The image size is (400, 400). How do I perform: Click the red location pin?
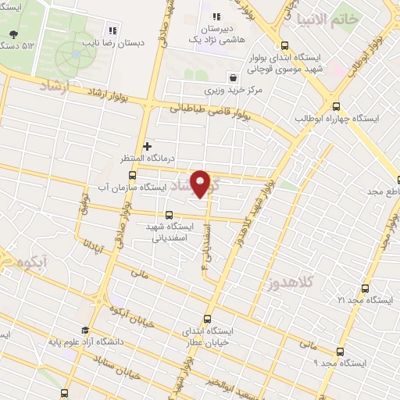pyautogui.click(x=201, y=184)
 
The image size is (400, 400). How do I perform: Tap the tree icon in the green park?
pyautogui.click(x=14, y=34)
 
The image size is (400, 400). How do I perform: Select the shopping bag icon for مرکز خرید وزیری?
pyautogui.click(x=234, y=77)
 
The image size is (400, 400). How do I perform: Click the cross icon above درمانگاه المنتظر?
pyautogui.click(x=147, y=146)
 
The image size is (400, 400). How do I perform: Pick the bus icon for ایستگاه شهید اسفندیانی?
pyautogui.click(x=170, y=214)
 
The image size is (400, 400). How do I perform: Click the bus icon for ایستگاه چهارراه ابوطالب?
pyautogui.click(x=337, y=106)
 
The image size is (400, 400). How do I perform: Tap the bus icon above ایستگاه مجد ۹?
pyautogui.click(x=340, y=352)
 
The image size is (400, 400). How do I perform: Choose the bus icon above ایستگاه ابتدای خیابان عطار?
pyautogui.click(x=207, y=319)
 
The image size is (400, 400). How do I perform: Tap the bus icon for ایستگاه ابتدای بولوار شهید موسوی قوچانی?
pyautogui.click(x=284, y=45)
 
